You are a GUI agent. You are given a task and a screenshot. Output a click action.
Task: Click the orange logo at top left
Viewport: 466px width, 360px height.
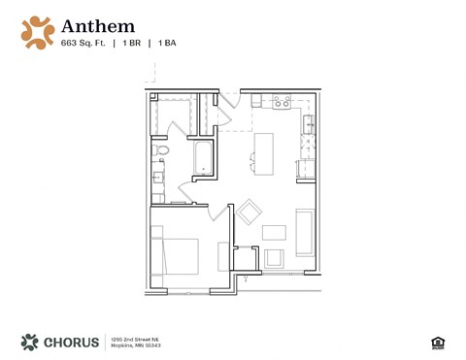[37, 31]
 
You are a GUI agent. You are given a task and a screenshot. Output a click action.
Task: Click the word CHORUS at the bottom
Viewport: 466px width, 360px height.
[71, 342]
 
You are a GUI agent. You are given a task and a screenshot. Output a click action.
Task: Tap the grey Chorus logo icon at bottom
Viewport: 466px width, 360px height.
[30, 342]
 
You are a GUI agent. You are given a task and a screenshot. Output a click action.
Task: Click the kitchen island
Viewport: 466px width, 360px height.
[263, 150]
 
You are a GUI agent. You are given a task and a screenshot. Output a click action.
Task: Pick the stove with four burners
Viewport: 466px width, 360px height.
[283, 100]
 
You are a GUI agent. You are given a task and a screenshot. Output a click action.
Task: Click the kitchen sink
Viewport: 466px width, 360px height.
[309, 123]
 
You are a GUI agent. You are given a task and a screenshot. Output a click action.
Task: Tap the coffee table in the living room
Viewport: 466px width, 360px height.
[275, 233]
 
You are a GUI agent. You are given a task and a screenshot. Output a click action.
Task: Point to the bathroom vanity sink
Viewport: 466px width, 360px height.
[157, 180]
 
